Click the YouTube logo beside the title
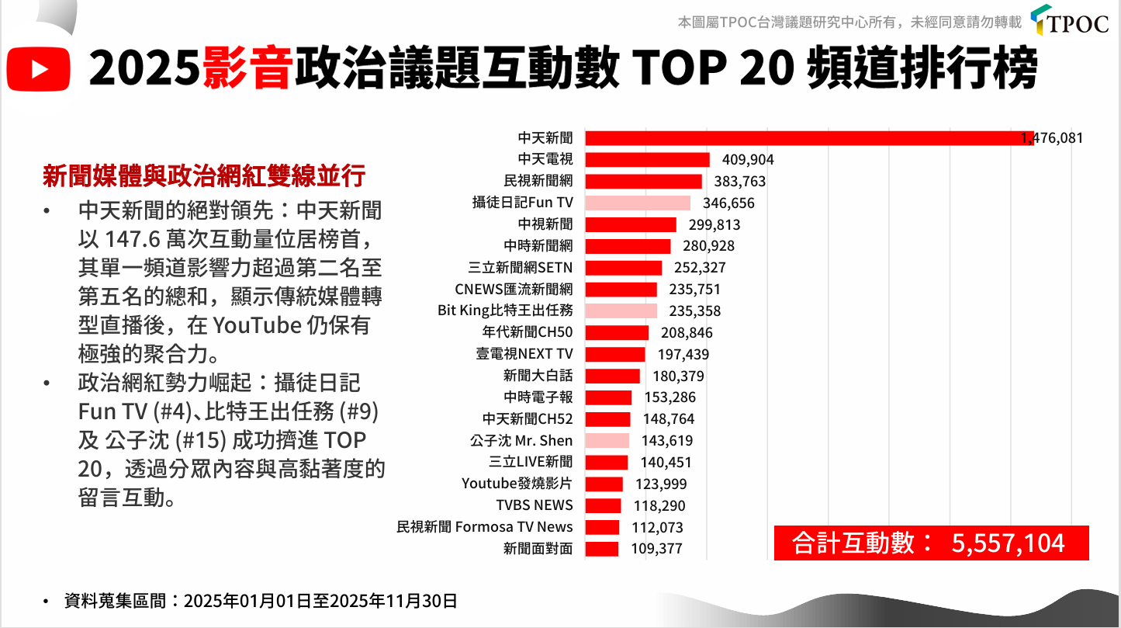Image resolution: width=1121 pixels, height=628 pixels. coord(38,69)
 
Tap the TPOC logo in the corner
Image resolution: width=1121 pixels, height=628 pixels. coord(1071,20)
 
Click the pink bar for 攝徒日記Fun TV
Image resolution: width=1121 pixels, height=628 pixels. coord(638,203)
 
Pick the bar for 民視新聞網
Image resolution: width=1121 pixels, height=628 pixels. coord(643,182)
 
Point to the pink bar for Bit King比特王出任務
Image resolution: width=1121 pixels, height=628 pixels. coord(621,311)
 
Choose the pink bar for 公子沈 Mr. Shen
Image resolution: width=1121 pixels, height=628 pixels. coord(607,441)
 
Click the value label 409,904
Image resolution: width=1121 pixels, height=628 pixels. coord(748,161)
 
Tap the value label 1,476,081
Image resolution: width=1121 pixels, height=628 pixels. coord(1052,139)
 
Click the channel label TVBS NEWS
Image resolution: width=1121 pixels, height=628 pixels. coord(535,505)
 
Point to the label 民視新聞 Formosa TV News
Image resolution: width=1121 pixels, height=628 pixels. coord(485,527)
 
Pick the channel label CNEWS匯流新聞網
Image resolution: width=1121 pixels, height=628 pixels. coord(514,290)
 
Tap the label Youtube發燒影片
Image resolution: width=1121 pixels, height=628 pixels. coord(517,484)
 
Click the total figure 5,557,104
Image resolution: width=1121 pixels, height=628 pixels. coord(1008,543)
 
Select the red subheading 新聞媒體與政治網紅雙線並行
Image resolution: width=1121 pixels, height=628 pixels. coord(203,176)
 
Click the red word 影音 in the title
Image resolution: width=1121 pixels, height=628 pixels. coord(248,69)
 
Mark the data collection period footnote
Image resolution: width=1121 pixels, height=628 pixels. coord(260,601)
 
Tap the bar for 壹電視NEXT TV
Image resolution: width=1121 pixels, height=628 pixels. coord(614,355)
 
